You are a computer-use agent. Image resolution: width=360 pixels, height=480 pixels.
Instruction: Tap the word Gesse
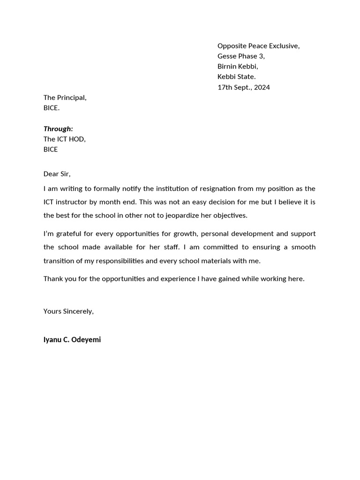[x=227, y=56]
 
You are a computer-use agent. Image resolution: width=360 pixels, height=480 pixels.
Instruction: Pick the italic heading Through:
[x=58, y=128]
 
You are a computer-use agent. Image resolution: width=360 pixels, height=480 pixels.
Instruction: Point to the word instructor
[x=75, y=202]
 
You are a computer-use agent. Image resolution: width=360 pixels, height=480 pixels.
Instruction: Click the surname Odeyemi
[x=86, y=340]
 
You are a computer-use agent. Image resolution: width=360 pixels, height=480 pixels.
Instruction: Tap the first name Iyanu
[x=52, y=340]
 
